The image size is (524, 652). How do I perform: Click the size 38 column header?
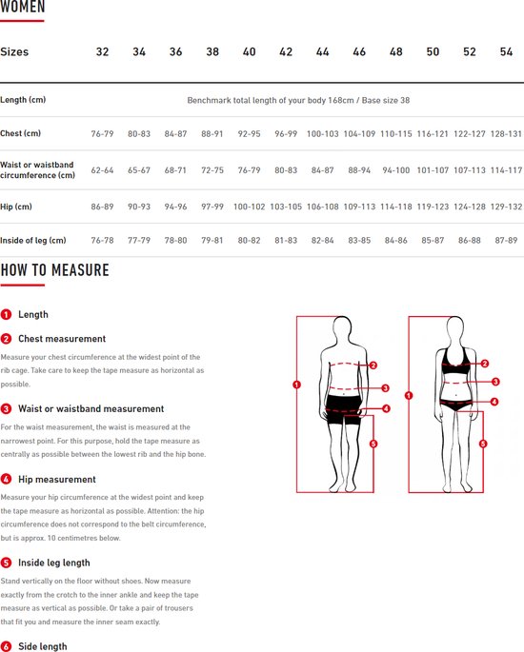[x=212, y=51]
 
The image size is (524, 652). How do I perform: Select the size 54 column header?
[x=506, y=51]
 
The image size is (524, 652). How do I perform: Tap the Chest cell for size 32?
[x=102, y=134]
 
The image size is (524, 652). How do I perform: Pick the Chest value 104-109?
[x=359, y=134]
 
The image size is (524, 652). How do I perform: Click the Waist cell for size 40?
[x=249, y=170]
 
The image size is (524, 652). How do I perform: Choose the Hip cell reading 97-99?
[x=212, y=207]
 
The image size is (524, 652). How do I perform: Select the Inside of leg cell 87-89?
[x=506, y=241]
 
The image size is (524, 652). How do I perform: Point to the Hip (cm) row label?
[x=16, y=207]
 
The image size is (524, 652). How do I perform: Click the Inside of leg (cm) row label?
[x=33, y=241]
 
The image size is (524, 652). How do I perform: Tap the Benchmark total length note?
[x=298, y=100]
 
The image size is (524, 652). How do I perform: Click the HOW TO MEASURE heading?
[x=55, y=270]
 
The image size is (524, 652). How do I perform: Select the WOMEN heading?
[x=23, y=7]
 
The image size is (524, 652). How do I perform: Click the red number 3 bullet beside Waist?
[x=7, y=408]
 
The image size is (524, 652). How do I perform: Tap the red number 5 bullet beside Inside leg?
[x=7, y=563]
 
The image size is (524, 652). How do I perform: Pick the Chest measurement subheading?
[x=62, y=339]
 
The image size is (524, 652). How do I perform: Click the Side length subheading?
[x=43, y=646]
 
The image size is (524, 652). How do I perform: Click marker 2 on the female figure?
[x=484, y=364]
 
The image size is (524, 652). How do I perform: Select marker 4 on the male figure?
[x=386, y=408]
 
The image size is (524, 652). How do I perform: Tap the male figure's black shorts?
[x=343, y=409]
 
